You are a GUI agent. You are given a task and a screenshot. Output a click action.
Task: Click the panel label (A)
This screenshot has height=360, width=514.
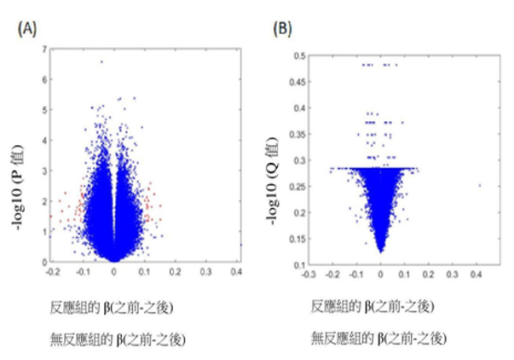tap(28, 28)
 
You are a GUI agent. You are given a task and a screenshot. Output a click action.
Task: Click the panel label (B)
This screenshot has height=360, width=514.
tap(282, 28)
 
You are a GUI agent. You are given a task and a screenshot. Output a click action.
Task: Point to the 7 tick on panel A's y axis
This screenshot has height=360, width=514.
tap(43, 49)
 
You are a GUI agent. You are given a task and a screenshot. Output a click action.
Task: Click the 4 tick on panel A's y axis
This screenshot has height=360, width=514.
tap(43, 140)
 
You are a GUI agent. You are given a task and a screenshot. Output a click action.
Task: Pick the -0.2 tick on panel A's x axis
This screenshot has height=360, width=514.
tap(53, 270)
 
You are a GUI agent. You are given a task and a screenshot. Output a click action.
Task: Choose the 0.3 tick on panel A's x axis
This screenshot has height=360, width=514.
tap(205, 270)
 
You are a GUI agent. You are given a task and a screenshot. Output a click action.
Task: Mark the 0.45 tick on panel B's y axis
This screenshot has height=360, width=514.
tap(299, 82)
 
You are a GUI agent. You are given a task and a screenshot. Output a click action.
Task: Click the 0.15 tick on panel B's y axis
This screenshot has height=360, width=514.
tap(299, 239)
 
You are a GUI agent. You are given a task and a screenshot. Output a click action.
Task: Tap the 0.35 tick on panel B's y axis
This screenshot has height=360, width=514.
tap(299, 134)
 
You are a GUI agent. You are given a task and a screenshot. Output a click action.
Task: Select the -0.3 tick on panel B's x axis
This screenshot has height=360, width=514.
tap(310, 276)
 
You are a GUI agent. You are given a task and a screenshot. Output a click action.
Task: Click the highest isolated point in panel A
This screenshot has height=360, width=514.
tap(101, 61)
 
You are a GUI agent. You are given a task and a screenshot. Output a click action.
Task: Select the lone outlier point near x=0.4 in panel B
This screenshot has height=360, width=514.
tap(479, 184)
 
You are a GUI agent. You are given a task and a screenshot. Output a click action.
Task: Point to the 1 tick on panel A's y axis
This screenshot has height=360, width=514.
tap(43, 231)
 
